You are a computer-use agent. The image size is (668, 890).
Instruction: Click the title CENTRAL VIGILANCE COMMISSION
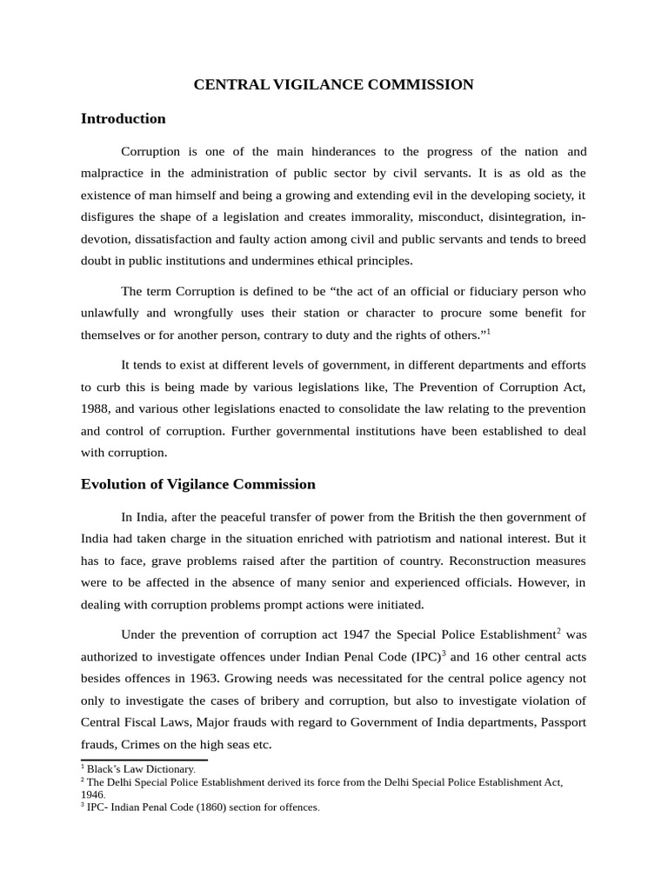[x=333, y=84]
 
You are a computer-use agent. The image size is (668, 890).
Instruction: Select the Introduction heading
[x=123, y=118]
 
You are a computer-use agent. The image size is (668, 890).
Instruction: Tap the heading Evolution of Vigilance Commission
[x=197, y=484]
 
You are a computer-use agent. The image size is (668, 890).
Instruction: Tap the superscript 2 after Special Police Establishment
[x=558, y=629]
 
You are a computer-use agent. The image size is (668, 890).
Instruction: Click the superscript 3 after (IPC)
[x=444, y=651]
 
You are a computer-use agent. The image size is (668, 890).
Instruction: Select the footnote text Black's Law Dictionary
[x=141, y=768]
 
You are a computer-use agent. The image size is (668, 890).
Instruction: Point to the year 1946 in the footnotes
[x=92, y=794]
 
